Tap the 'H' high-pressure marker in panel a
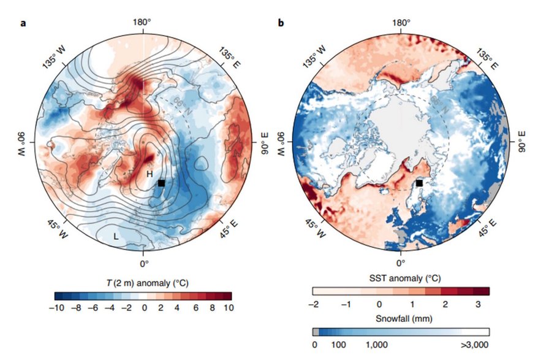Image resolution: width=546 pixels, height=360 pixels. point(149,174)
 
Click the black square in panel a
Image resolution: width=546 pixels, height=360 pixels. point(161,183)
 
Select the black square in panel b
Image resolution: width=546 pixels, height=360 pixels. point(420,183)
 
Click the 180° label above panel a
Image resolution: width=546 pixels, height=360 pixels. point(142,23)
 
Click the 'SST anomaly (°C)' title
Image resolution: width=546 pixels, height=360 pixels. point(401,278)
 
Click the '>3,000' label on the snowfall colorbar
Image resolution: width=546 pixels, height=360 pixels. point(475,345)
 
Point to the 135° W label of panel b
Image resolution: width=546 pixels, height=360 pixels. point(312,56)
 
